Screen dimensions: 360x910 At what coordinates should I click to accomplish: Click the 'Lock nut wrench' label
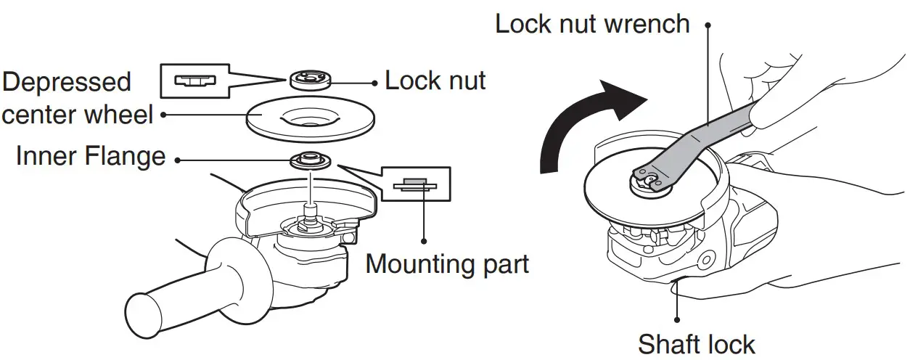click(x=591, y=24)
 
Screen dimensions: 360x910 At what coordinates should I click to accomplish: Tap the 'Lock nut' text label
click(x=435, y=80)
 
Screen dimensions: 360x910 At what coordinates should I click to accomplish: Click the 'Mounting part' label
click(x=447, y=263)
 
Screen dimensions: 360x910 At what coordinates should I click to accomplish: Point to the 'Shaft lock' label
click(x=696, y=343)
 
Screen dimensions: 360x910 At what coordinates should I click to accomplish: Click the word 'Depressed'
click(x=66, y=81)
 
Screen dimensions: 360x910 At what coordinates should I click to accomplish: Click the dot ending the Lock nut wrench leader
click(x=707, y=24)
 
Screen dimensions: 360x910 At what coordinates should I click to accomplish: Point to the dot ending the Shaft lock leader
click(x=678, y=318)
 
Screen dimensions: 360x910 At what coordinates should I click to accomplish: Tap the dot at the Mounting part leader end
click(x=424, y=240)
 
